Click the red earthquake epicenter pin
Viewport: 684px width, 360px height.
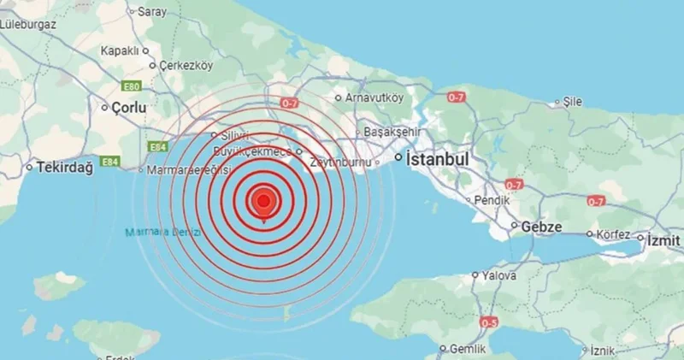[x=264, y=202]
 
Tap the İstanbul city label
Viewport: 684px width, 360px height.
[x=439, y=160]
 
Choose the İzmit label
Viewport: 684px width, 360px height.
[x=662, y=238]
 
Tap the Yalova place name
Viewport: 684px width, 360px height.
[x=498, y=276]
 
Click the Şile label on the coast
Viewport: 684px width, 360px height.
[x=572, y=102]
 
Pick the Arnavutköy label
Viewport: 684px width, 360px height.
[x=374, y=97]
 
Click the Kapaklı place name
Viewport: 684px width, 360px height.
[x=119, y=50]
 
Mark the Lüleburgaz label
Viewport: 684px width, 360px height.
[x=28, y=24]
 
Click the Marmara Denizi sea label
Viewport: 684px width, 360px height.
[x=162, y=233]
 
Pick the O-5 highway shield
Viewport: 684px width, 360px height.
[x=489, y=322]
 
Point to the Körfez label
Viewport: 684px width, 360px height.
[x=612, y=233]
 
